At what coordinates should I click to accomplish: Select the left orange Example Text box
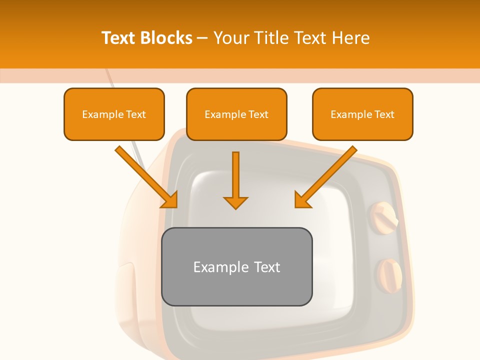[114, 114]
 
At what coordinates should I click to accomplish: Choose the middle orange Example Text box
[236, 114]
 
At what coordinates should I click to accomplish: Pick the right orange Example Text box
[362, 114]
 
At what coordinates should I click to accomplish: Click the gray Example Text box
[236, 266]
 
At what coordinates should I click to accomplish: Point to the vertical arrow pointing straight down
[235, 180]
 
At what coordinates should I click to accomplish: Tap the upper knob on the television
[383, 215]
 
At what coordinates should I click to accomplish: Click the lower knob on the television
[389, 274]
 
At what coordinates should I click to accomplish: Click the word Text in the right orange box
[384, 114]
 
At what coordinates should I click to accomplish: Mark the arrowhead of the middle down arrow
[235, 202]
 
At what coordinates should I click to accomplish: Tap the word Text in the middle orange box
[258, 114]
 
